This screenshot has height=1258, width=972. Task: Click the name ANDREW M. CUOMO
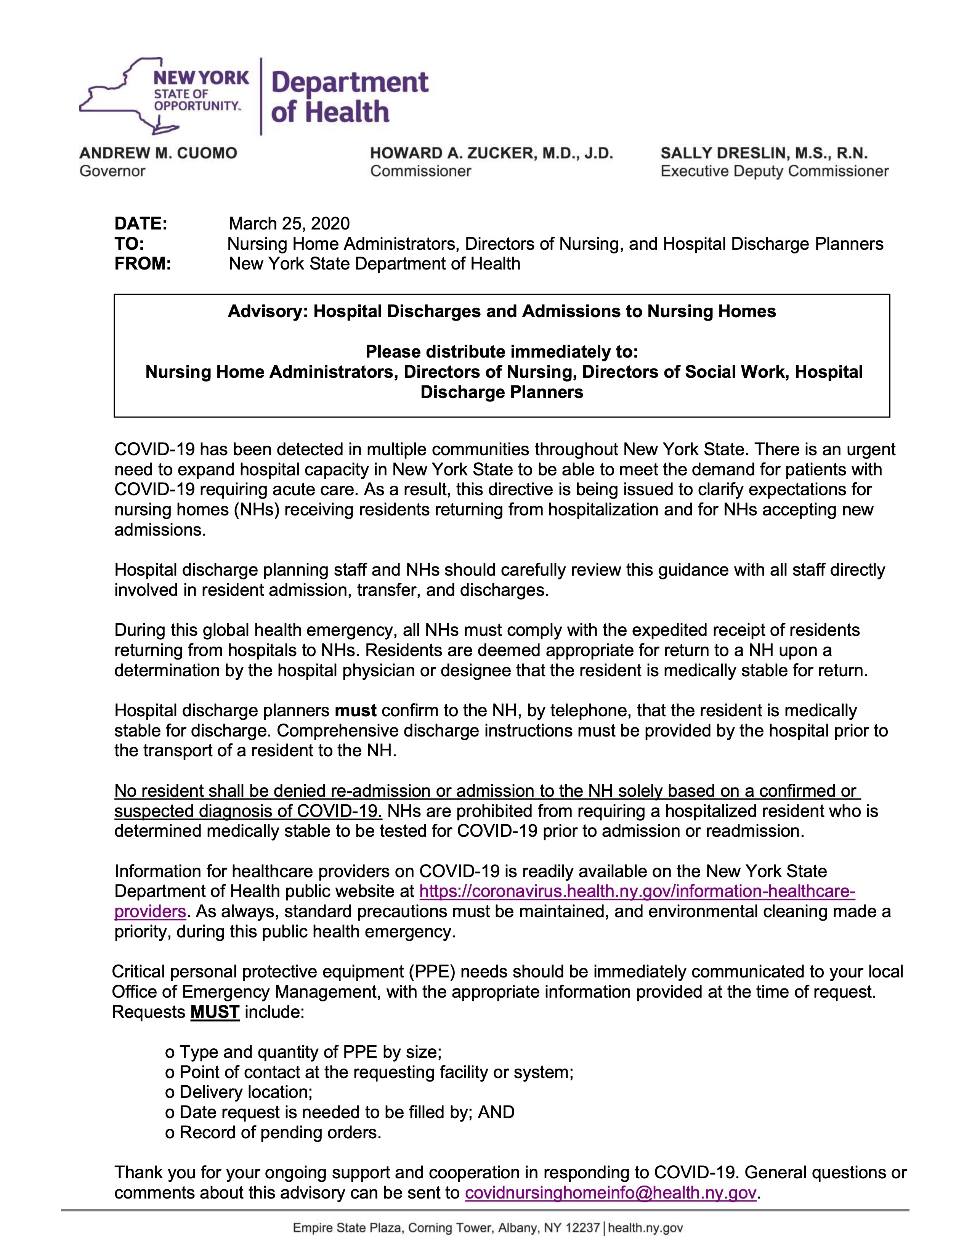pos(158,153)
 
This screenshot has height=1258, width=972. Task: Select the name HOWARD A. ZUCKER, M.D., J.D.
pos(491,153)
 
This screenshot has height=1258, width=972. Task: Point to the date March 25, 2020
pos(289,223)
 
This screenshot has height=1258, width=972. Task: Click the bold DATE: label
pos(141,223)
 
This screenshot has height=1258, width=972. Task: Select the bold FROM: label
pos(143,264)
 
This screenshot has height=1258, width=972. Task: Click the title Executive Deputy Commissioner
pos(775,171)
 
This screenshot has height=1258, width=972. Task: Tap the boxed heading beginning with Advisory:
pos(502,311)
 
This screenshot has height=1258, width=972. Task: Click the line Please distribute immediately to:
pos(502,351)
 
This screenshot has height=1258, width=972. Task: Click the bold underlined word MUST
pos(215,1012)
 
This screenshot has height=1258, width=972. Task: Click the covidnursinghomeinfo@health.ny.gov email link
pos(610,1193)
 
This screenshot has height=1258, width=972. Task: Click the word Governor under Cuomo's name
pos(112,171)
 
